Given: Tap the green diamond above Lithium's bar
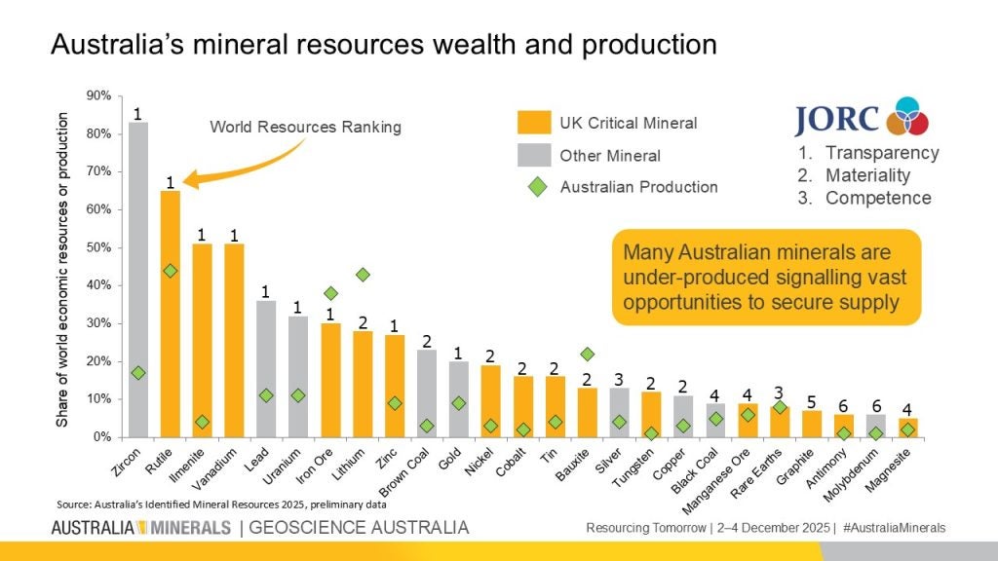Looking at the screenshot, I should click(x=362, y=275).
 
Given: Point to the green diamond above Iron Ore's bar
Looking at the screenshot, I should click(x=330, y=293).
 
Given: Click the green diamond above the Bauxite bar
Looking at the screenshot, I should click(x=586, y=354).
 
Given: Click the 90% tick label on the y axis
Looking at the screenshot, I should click(x=98, y=95).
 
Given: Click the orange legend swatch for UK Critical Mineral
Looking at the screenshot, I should click(x=532, y=123).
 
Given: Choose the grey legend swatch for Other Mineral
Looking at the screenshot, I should click(x=532, y=155).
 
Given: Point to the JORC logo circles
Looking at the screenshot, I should click(x=906, y=117).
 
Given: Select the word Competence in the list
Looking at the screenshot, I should click(x=877, y=198).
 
